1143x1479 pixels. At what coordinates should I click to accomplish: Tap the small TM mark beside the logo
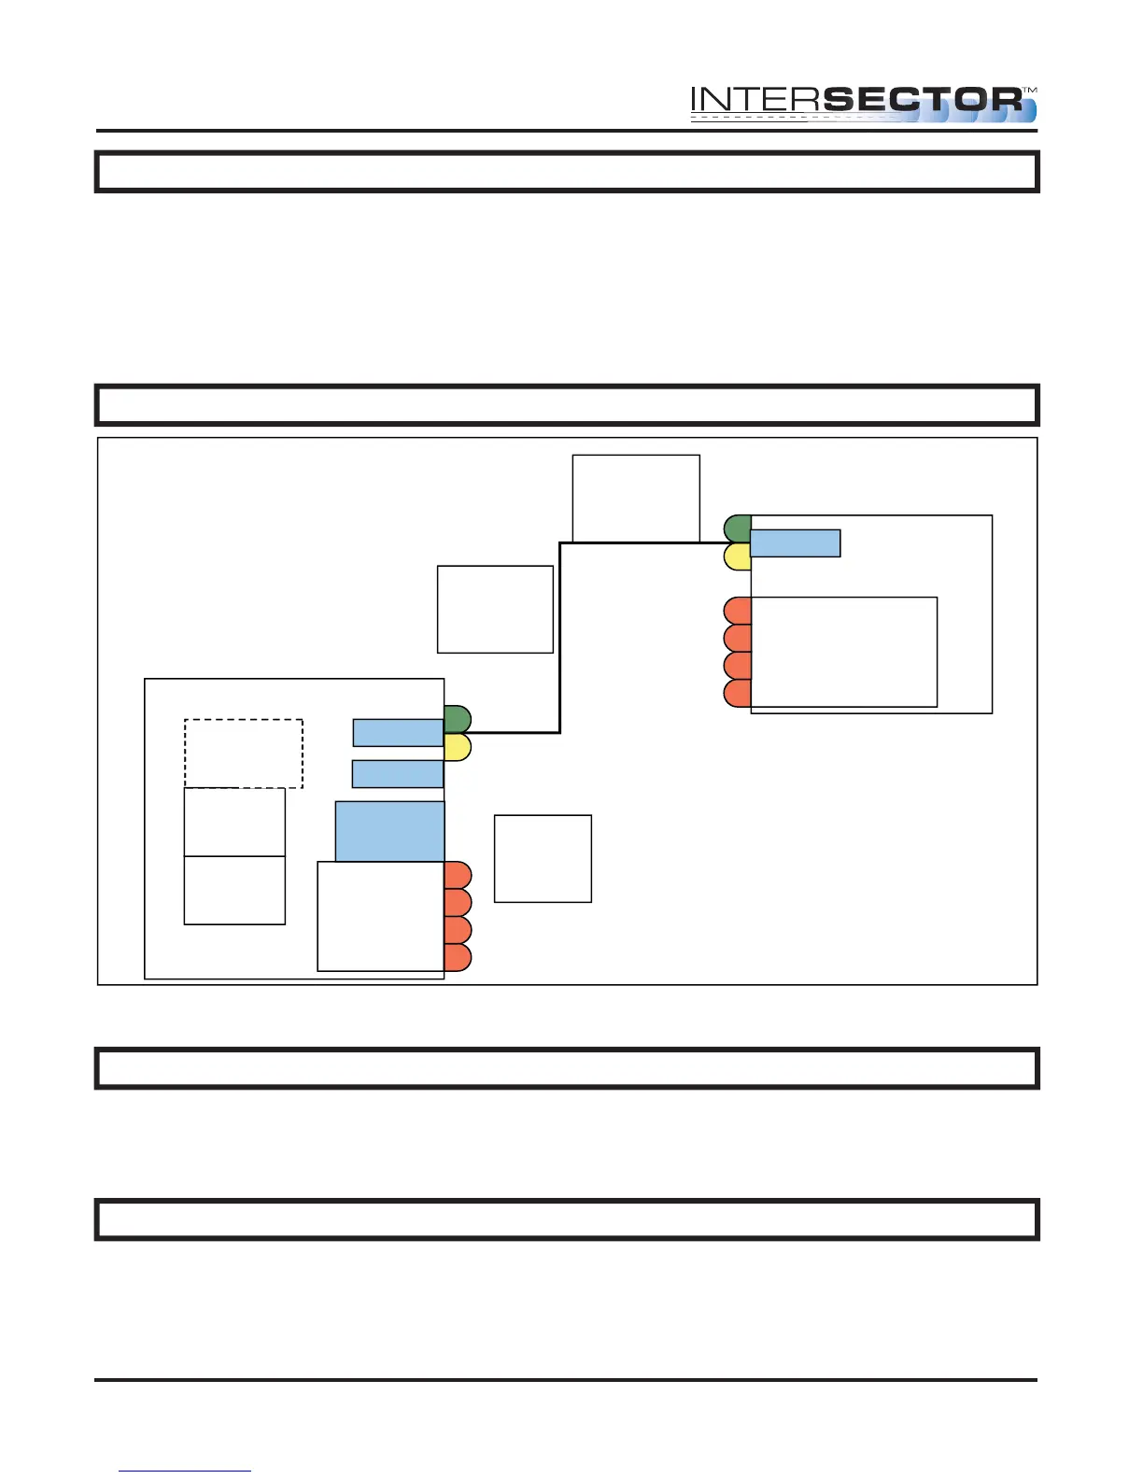click(1030, 90)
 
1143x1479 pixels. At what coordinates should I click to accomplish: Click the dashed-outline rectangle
click(244, 754)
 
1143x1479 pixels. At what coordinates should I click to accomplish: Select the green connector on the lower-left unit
click(458, 719)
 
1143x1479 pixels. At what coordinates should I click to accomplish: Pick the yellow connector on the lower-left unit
click(458, 747)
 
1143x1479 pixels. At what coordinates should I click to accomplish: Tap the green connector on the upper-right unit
click(738, 528)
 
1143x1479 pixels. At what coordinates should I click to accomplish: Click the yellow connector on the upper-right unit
click(738, 557)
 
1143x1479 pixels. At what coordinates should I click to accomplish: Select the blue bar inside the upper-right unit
click(796, 543)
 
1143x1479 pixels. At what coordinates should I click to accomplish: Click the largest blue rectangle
click(389, 831)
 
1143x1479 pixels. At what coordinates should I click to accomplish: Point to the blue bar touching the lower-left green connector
click(398, 733)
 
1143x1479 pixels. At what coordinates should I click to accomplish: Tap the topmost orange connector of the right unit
click(738, 611)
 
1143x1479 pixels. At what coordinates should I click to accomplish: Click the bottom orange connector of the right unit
click(738, 694)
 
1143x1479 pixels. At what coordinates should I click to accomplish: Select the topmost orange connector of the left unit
click(458, 875)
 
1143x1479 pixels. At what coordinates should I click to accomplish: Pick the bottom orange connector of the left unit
click(458, 957)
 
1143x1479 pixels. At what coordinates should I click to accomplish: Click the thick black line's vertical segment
click(559, 638)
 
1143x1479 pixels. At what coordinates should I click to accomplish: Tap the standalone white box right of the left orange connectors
click(543, 859)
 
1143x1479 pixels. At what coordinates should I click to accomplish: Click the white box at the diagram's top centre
click(636, 498)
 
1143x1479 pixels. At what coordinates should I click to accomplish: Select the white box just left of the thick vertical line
click(495, 609)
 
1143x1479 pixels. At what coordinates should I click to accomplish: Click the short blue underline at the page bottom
click(185, 1471)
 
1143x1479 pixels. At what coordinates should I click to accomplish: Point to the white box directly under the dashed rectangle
click(234, 822)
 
